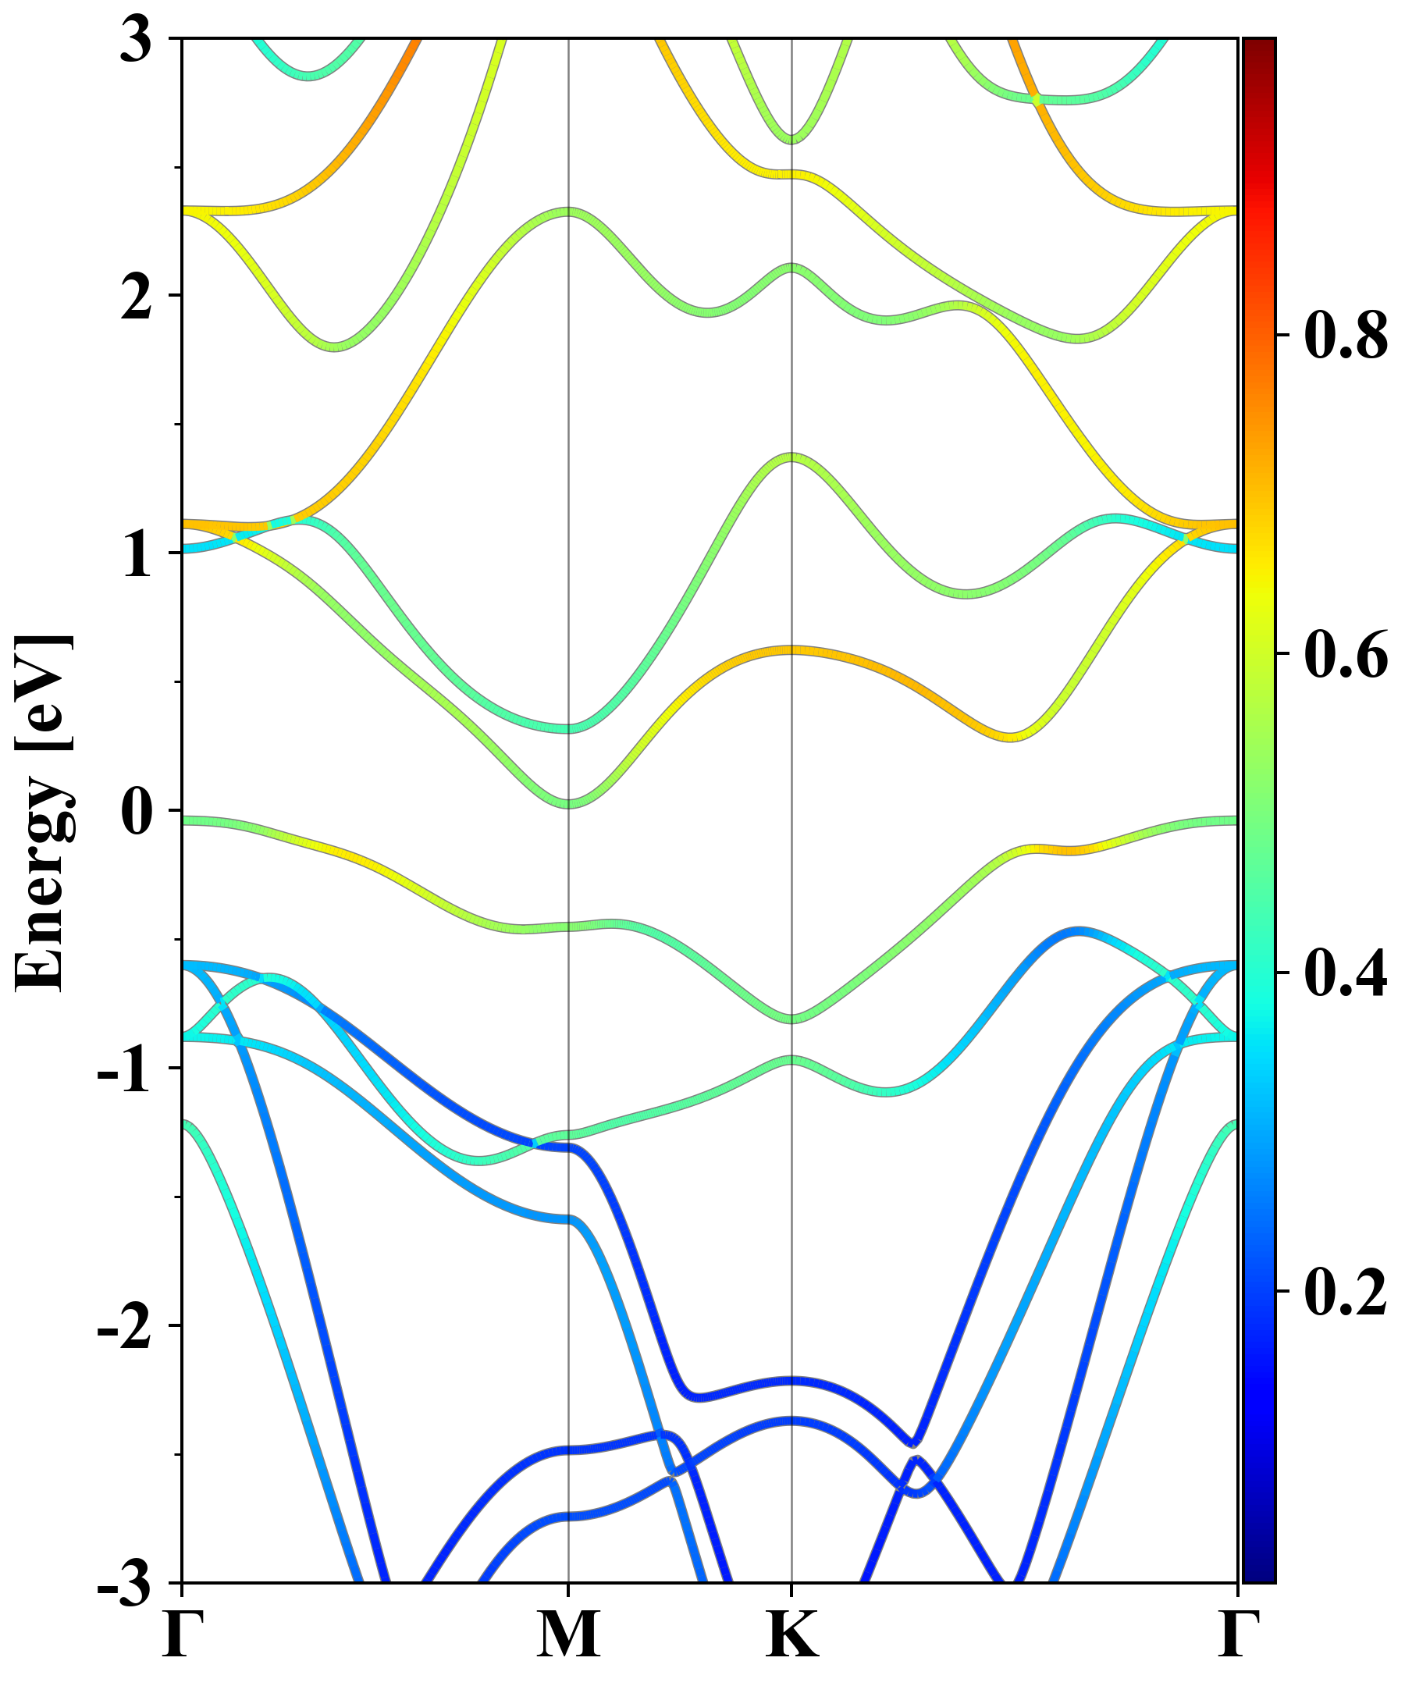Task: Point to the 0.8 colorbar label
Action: (1346, 335)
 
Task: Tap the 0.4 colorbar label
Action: (1346, 973)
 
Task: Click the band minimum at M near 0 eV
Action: (568, 802)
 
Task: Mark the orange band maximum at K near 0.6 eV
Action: (791, 649)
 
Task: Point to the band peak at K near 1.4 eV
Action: (791, 457)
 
